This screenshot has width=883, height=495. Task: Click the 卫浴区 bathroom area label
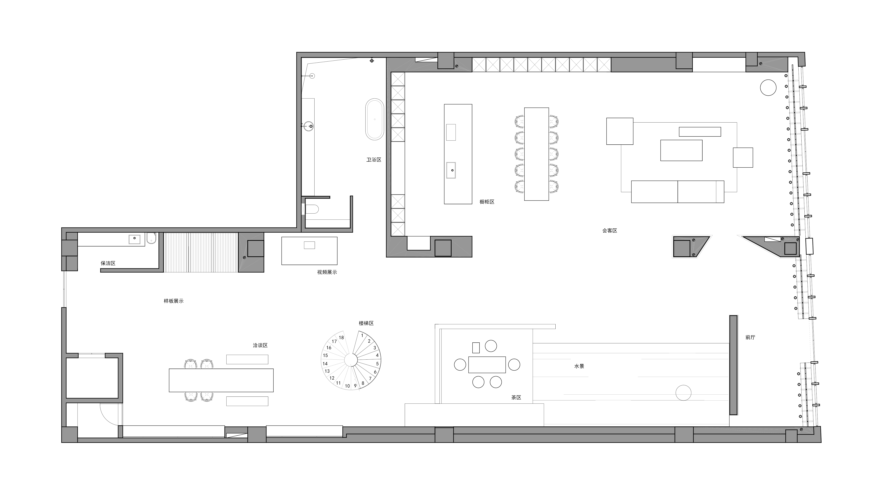pos(374,160)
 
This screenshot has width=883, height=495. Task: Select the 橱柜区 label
pos(487,202)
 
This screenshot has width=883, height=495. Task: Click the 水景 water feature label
pos(579,366)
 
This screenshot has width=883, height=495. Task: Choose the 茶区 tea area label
pos(516,398)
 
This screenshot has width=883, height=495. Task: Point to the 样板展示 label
pos(173,301)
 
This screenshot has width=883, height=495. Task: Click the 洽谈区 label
pos(260,345)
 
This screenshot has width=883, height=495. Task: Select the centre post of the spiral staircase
pos(351,360)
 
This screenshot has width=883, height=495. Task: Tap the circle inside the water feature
pos(683,393)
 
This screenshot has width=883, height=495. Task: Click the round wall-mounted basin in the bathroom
pos(310,126)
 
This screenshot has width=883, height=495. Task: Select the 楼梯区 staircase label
pos(366,324)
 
